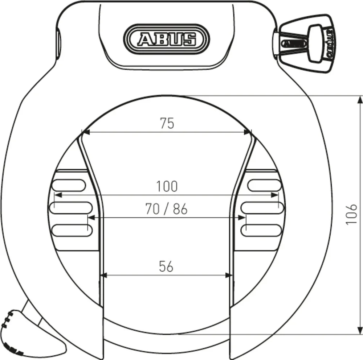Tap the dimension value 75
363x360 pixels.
tap(167, 124)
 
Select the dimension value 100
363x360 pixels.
tap(167, 186)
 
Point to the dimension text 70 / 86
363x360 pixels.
tap(166, 209)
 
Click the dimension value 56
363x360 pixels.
tap(166, 266)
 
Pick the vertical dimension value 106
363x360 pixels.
tap(351, 214)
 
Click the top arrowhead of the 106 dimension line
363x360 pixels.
tap(360, 99)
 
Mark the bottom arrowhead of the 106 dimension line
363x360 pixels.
tap(360, 331)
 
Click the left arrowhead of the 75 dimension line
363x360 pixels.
tap(85, 132)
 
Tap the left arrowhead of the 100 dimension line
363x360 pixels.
tap(57, 195)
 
